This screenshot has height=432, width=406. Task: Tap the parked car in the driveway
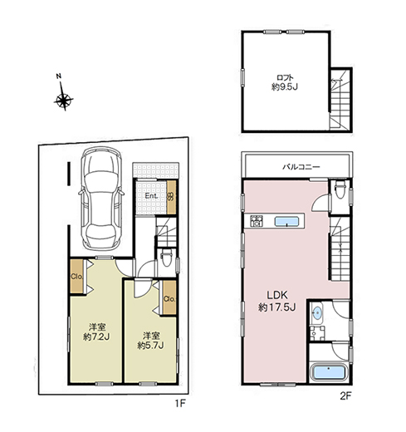[101, 199]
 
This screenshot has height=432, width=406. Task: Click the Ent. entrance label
[152, 196]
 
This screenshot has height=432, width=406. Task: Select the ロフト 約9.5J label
[285, 82]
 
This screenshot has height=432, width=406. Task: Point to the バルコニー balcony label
[301, 167]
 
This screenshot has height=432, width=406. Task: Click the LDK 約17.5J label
[277, 301]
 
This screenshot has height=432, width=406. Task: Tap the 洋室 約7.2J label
[97, 331]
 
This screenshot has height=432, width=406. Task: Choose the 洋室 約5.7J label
[151, 341]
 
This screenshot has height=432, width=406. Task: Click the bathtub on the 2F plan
[329, 372]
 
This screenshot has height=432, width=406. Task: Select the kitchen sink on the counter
[286, 221]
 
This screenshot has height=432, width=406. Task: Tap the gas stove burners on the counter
[257, 221]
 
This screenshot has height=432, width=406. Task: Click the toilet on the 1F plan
[167, 258]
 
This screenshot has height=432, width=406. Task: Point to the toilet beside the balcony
[340, 189]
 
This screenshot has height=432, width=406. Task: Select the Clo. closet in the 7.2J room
[76, 277]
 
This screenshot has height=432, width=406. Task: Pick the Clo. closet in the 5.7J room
[169, 298]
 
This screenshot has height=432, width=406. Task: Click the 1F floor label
[179, 404]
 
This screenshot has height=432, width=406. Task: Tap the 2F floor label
[345, 396]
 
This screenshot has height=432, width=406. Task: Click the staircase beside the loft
[340, 99]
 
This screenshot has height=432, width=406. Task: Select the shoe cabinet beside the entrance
[171, 197]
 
